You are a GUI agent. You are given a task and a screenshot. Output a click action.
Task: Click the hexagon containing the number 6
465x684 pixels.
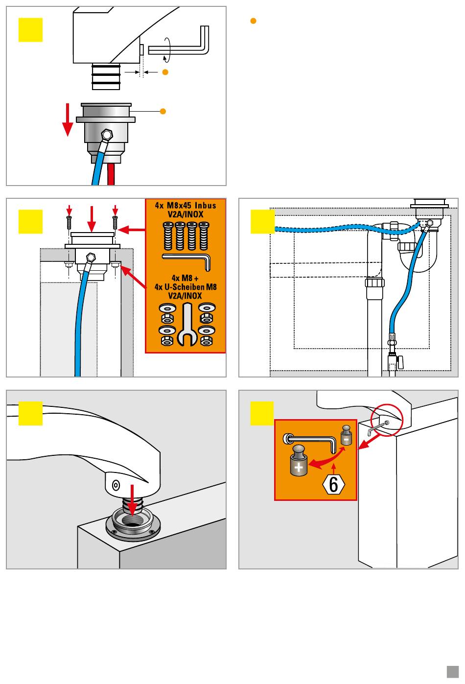coord(333,485)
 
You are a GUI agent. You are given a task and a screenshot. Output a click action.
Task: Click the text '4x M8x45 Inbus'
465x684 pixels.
coord(186,206)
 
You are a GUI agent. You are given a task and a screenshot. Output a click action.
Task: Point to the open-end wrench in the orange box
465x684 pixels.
coord(186,324)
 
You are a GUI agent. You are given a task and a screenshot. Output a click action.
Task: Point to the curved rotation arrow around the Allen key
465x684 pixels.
coord(168,49)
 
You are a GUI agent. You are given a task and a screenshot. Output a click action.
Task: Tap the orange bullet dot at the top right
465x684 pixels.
coord(253,21)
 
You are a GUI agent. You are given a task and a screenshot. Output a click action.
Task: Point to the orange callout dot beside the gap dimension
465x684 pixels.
coord(165,72)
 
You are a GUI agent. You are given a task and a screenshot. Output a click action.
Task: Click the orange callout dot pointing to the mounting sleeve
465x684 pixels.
coord(163,112)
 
